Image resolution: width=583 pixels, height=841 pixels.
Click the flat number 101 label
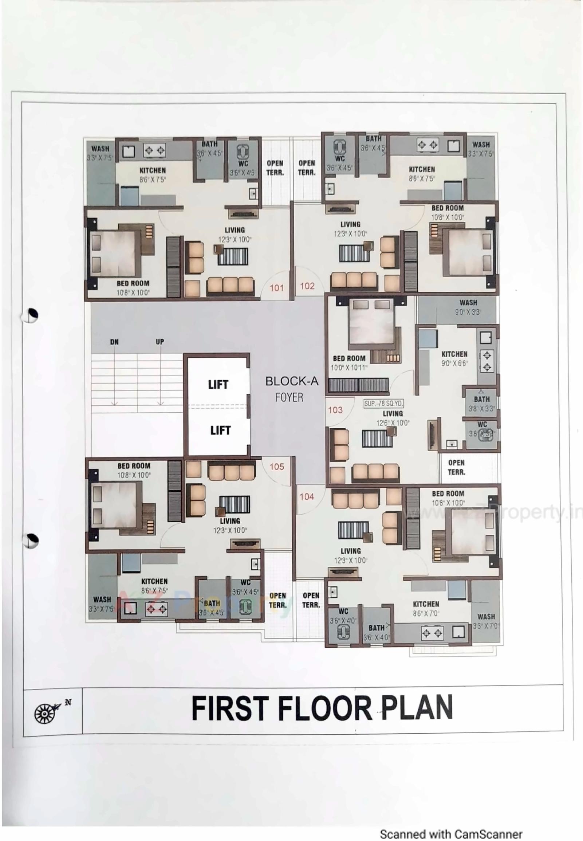(x=276, y=288)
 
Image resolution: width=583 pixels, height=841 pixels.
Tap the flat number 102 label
(x=307, y=286)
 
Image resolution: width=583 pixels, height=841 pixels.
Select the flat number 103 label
(x=335, y=410)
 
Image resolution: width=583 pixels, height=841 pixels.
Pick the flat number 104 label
(x=307, y=496)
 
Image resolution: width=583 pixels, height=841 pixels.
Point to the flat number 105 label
(x=276, y=467)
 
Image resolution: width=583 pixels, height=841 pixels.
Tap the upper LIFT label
(x=218, y=385)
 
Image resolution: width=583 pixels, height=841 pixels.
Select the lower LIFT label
(x=220, y=431)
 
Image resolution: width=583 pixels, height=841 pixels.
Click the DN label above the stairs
(x=114, y=342)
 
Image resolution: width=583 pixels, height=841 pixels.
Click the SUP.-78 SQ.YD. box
(x=383, y=404)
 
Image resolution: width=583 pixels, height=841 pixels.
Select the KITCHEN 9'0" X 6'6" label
(x=454, y=358)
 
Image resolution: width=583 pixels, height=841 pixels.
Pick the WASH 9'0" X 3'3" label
(x=468, y=307)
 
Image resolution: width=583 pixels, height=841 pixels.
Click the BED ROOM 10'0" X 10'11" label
(x=349, y=363)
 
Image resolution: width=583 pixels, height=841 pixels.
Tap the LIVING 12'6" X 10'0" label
(x=393, y=418)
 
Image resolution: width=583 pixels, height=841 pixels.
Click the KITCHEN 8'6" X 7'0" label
(x=426, y=609)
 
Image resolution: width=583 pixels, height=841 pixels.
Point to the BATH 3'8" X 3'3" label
(x=481, y=404)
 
